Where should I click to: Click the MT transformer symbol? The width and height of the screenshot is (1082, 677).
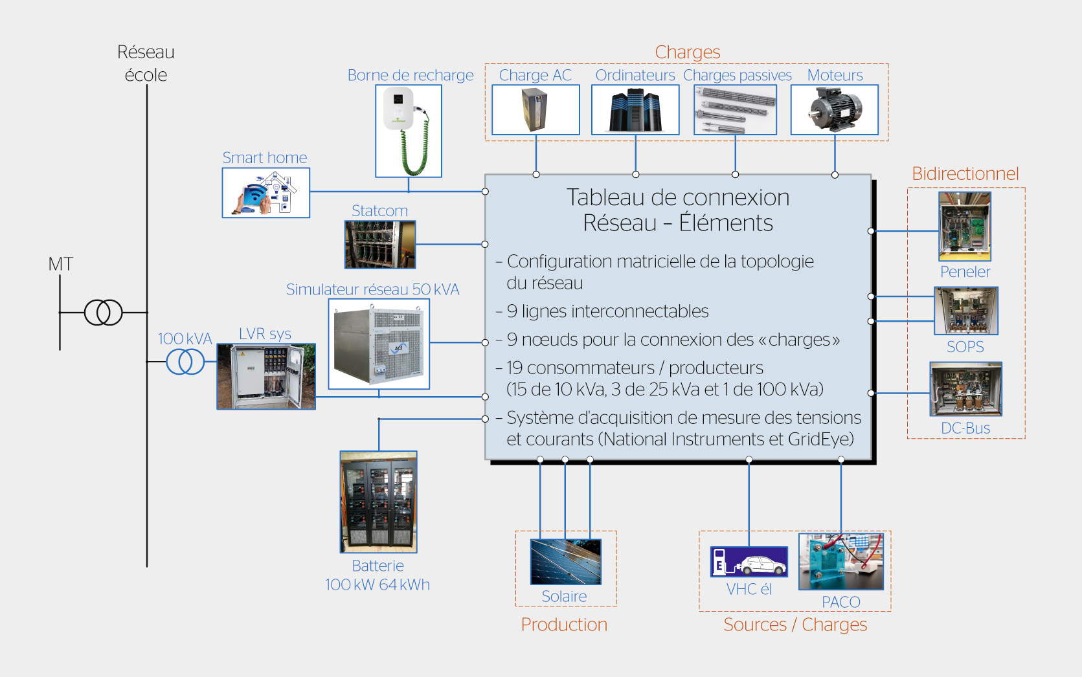[103, 313]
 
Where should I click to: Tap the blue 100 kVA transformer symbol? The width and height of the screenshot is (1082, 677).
[185, 362]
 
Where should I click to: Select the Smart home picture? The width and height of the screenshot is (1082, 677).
[265, 193]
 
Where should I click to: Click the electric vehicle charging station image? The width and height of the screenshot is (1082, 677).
[409, 131]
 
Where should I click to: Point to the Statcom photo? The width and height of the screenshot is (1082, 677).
[380, 245]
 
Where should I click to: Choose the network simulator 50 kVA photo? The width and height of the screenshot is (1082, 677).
[379, 344]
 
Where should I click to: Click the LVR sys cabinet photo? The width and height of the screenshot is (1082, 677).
[266, 376]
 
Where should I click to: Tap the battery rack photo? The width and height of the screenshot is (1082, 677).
[379, 502]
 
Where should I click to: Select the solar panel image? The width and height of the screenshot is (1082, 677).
[565, 562]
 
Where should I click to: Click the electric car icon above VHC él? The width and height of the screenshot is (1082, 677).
[749, 562]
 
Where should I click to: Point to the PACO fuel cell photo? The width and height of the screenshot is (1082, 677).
[841, 562]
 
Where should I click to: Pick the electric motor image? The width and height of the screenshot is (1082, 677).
[835, 110]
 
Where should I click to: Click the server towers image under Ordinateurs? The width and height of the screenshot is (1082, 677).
[635, 110]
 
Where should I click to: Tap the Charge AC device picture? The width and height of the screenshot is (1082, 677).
[535, 110]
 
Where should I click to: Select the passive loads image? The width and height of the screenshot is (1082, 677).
[735, 110]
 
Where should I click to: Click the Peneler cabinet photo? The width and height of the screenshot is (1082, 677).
[965, 227]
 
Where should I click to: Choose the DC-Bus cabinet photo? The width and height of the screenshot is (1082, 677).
[965, 389]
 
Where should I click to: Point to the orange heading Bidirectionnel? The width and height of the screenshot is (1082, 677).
[965, 173]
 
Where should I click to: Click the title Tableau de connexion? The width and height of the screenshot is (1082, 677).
[678, 197]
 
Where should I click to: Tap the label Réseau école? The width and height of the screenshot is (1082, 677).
[146, 63]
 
